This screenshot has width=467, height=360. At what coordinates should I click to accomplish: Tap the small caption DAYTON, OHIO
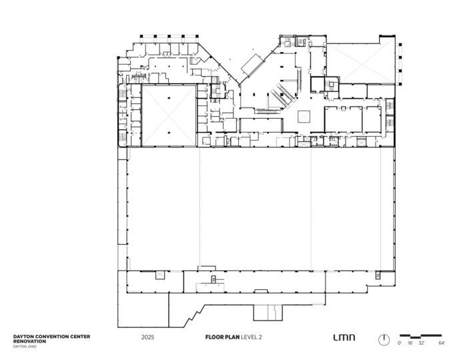pyautogui.click(x=25, y=347)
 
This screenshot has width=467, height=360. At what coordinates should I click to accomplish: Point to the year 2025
pyautogui.click(x=147, y=337)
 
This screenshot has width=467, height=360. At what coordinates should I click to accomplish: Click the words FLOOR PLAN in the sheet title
pyautogui.click(x=222, y=337)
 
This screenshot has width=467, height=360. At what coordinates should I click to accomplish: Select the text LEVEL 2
pyautogui.click(x=252, y=337)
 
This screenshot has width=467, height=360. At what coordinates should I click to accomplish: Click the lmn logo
pyautogui.click(x=344, y=337)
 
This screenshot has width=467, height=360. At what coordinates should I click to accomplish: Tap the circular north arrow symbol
pyautogui.click(x=384, y=340)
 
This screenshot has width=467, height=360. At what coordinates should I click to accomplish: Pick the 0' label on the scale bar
pyautogui.click(x=400, y=343)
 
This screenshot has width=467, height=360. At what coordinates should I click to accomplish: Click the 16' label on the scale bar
pyautogui.click(x=410, y=343)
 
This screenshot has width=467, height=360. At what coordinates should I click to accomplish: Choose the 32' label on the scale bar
pyautogui.click(x=421, y=343)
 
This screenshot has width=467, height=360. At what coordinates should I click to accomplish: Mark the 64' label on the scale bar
pyautogui.click(x=442, y=343)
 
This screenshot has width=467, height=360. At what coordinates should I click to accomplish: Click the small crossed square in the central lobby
pyautogui.click(x=304, y=117)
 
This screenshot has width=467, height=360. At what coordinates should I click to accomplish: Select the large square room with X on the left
pyautogui.click(x=169, y=116)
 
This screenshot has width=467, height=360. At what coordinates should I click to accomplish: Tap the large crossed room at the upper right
pyautogui.click(x=361, y=63)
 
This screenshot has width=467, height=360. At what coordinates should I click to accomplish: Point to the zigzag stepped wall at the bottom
pyautogui.click(x=195, y=316)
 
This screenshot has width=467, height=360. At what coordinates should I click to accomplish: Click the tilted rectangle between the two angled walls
pyautogui.click(x=253, y=65)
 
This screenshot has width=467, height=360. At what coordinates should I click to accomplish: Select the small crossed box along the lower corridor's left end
pyautogui.click(x=160, y=275)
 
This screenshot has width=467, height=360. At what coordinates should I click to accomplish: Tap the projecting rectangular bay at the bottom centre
pyautogui.click(x=268, y=313)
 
